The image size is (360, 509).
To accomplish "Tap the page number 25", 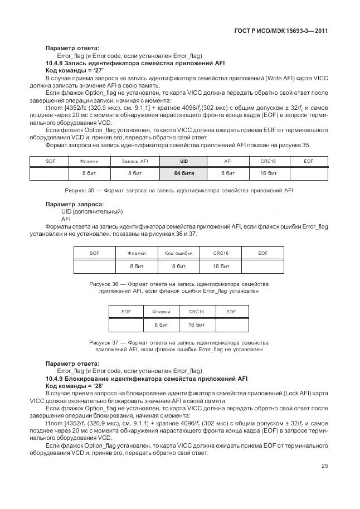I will click(x=324, y=467).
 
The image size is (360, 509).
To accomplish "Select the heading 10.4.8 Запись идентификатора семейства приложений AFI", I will click(x=143, y=64).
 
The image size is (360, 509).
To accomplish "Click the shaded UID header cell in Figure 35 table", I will click(x=183, y=161).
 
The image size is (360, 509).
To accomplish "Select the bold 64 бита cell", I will click(x=183, y=174).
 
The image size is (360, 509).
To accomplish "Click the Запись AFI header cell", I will click(x=135, y=161).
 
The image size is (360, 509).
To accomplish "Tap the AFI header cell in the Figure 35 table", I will click(x=227, y=161).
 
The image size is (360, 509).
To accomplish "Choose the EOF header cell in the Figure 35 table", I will click(x=308, y=161).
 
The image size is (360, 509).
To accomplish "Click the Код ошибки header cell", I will click(x=178, y=253).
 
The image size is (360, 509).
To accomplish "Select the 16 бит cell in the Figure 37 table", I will click(x=196, y=324).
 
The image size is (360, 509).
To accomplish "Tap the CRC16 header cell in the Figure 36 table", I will click(x=221, y=253).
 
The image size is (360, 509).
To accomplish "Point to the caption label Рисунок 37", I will click(x=105, y=342).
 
